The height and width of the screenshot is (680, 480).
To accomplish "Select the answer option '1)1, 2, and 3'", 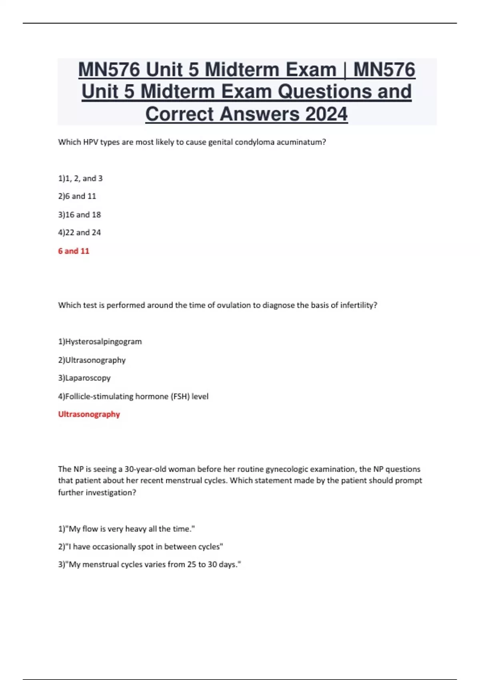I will pos(80,178).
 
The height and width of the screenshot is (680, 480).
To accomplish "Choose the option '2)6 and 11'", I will pos(77,196).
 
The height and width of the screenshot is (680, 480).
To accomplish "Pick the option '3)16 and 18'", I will pos(80,215).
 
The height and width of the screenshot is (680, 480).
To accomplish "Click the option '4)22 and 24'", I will pos(80,232).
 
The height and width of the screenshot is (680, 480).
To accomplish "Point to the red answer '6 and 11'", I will pos(74,251).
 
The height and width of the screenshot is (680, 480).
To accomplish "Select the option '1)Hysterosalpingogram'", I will pos(100,342).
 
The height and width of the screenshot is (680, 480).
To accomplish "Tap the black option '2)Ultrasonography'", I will pos(92,360).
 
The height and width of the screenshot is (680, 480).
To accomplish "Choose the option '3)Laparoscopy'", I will pos(84,378).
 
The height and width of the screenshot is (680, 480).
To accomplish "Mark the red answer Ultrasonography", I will pos(89,414).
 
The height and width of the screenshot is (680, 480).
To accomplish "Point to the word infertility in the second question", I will pos(358,305).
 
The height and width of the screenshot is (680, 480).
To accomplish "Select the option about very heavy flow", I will pos(126,529).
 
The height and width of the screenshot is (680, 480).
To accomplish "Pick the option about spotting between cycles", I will pos(140,547).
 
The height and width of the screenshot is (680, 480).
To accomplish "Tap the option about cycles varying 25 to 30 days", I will pos(150,565).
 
